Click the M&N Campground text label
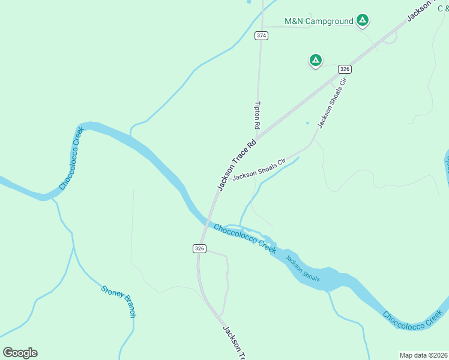[x=318, y=22]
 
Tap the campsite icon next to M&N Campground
[x=362, y=20]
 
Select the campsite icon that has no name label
[x=315, y=60]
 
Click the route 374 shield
[x=261, y=35]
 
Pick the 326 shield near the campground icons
[x=344, y=69]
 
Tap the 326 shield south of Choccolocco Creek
[x=200, y=248]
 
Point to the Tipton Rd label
[x=257, y=115]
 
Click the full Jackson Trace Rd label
[x=237, y=165]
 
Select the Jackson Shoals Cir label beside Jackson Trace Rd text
[x=258, y=170]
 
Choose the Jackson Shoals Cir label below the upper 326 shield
[x=333, y=103]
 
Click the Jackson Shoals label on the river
[x=303, y=269]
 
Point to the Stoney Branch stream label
[x=119, y=301]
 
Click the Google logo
[x=20, y=353]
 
